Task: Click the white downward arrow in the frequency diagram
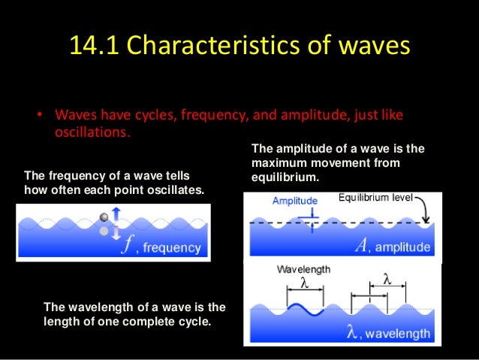click(116, 234)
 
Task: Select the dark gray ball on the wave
click(104, 218)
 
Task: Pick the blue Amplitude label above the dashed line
click(294, 201)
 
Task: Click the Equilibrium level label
click(375, 198)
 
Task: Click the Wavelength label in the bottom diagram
click(303, 269)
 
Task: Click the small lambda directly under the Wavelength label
click(304, 283)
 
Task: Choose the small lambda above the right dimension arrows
click(387, 279)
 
